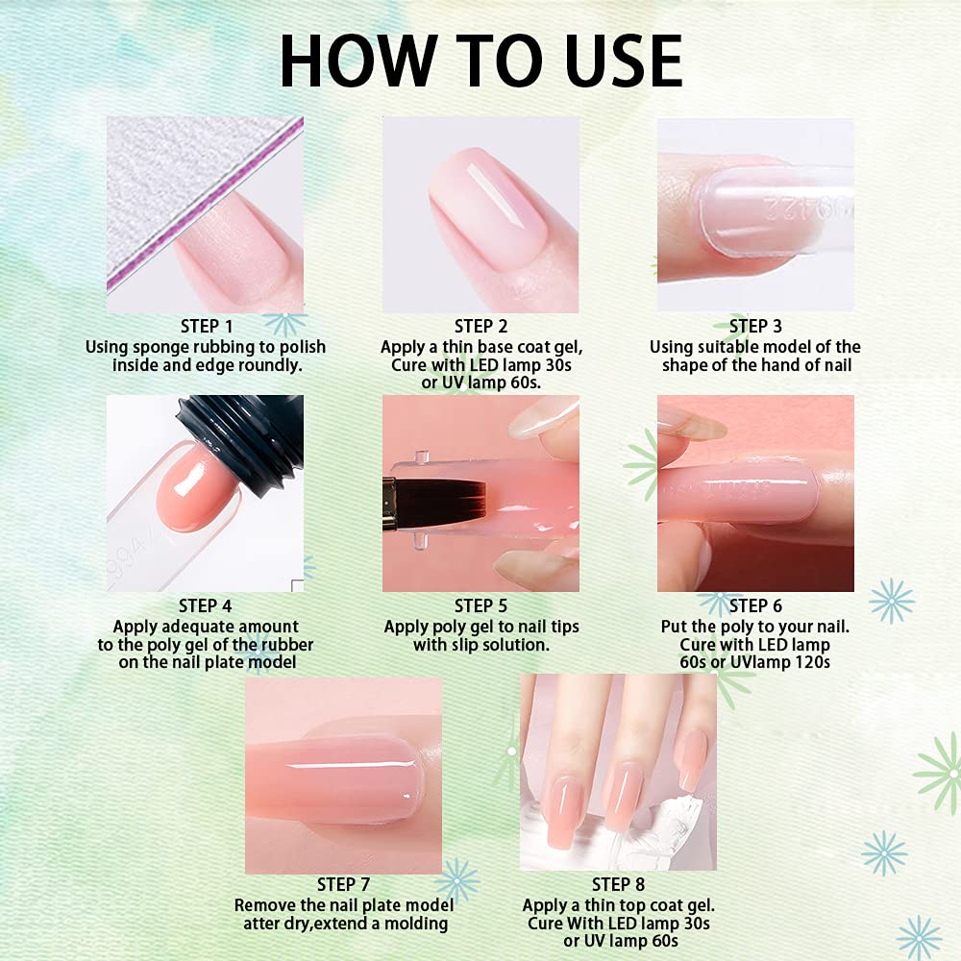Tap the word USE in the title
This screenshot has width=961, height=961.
point(624,61)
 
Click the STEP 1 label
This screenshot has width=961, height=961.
point(207,326)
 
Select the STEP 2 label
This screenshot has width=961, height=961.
point(481,326)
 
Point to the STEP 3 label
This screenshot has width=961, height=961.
point(755,326)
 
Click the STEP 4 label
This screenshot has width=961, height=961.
point(206,606)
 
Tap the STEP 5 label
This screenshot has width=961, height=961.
point(481,606)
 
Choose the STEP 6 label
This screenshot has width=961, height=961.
point(755,606)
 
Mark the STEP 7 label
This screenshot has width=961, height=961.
point(344,884)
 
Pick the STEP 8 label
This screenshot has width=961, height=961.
point(618,884)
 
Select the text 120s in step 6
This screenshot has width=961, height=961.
point(813,662)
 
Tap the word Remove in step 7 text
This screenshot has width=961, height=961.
point(261,905)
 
